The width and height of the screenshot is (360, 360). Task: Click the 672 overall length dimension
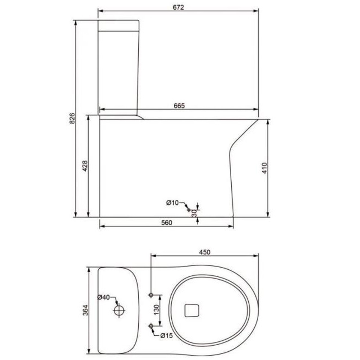(178, 7)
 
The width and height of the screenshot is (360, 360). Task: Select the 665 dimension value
(179, 106)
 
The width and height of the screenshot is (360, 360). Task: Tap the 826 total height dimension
(72, 118)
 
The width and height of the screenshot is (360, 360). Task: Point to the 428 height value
(85, 166)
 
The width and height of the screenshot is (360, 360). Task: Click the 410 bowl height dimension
(265, 168)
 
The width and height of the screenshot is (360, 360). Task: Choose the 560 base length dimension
(166, 223)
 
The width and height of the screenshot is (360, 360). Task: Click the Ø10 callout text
(172, 202)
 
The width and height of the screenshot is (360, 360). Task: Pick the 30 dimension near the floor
(194, 213)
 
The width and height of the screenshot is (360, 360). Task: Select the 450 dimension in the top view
(205, 252)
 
